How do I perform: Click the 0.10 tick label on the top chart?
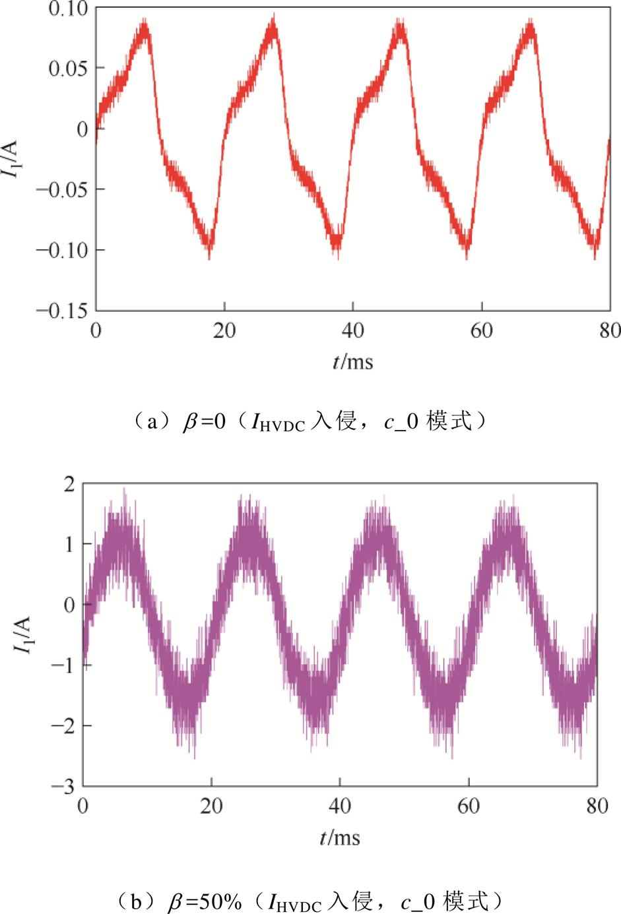(x=68, y=9)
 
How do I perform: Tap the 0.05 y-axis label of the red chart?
(x=68, y=69)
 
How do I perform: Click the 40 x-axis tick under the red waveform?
(x=353, y=330)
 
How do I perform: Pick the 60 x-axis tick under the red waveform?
(x=482, y=330)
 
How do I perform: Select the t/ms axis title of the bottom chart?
(x=340, y=838)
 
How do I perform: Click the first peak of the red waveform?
(x=144, y=25)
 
